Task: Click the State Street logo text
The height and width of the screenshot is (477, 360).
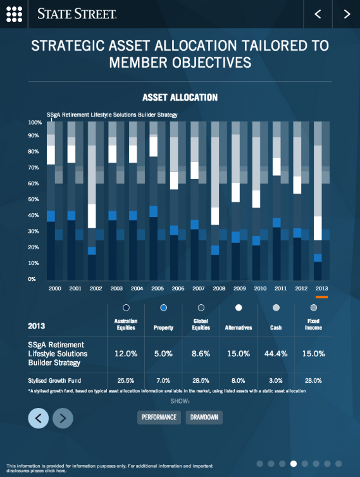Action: tap(77, 14)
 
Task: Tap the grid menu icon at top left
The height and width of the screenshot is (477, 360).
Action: tap(14, 14)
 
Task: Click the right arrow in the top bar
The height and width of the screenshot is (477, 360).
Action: tap(346, 14)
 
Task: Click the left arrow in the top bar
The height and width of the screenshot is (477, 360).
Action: tap(318, 14)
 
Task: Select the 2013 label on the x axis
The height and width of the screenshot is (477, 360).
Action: tap(322, 288)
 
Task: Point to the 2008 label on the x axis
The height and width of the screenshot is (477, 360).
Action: tap(219, 288)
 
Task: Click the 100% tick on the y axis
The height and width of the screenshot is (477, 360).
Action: tap(35, 121)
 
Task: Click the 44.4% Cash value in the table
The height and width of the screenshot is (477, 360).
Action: tap(276, 354)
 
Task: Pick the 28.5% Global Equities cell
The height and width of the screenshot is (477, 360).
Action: tap(201, 381)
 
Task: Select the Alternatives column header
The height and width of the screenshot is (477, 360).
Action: tap(239, 328)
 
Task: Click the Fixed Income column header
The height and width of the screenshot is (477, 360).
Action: tap(313, 325)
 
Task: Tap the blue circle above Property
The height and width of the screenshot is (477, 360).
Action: tap(164, 307)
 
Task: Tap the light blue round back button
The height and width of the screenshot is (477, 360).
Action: tap(38, 418)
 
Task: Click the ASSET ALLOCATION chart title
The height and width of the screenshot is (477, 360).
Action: tap(180, 97)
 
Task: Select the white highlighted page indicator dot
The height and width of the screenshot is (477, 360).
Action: tap(293, 464)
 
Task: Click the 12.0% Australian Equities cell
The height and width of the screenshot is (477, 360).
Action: tap(127, 354)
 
